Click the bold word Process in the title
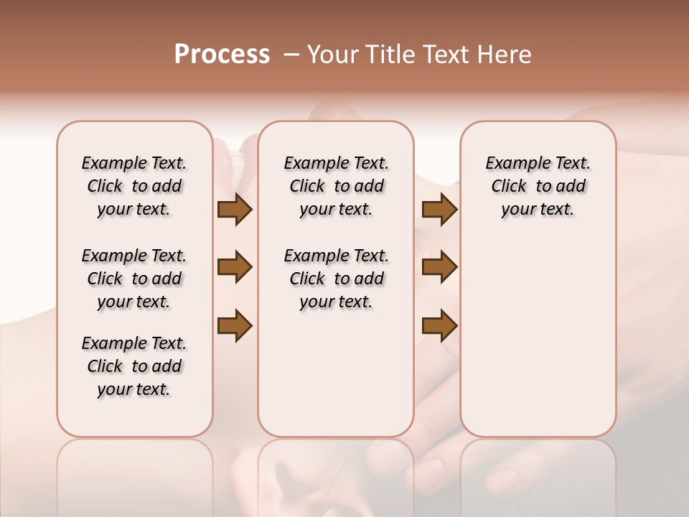click(222, 55)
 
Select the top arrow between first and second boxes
click(235, 210)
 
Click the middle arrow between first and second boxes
click(235, 268)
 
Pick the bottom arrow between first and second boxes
click(235, 326)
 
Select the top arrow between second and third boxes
click(439, 210)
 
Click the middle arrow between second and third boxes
click(439, 268)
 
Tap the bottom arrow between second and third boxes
click(439, 326)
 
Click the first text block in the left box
click(134, 186)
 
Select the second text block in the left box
click(134, 279)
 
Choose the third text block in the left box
click(134, 366)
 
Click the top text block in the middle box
click(336, 186)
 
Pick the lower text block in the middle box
click(336, 279)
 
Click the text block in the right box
click(538, 186)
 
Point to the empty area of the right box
click(538, 323)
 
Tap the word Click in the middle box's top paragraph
click(307, 187)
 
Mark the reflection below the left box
click(134, 474)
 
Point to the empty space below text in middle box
click(336, 373)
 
